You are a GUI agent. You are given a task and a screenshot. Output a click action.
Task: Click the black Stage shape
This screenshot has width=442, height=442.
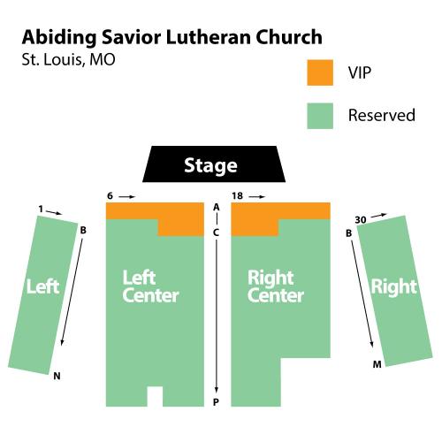click(214, 164)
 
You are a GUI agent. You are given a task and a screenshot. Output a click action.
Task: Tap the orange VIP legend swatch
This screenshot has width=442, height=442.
click(320, 72)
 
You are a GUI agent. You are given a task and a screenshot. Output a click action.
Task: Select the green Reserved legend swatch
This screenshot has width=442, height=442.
click(320, 116)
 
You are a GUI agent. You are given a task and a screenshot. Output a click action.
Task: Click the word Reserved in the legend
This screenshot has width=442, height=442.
click(382, 115)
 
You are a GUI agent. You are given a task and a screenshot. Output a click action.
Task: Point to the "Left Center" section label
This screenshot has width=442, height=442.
click(150, 286)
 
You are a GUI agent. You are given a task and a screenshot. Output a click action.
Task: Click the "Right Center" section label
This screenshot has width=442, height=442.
click(276, 286)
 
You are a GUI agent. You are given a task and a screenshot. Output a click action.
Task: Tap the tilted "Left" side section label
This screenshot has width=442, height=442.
click(43, 286)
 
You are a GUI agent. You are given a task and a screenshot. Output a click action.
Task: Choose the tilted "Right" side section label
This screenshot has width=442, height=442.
click(394, 286)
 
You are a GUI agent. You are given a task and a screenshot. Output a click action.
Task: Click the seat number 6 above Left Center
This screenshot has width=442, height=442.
click(110, 195)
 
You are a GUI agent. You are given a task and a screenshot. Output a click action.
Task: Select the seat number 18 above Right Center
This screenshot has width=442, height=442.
click(237, 195)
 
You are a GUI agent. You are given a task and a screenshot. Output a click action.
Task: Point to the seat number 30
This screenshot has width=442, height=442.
click(361, 220)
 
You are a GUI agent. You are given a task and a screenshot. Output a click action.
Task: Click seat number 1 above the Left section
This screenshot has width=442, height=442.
click(41, 209)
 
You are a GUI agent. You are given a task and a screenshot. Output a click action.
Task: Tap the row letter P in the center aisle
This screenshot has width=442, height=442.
click(216, 402)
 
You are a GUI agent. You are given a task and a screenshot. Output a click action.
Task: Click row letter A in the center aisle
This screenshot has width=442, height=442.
click(217, 207)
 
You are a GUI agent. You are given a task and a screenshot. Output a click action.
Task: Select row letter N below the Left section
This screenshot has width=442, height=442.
click(57, 376)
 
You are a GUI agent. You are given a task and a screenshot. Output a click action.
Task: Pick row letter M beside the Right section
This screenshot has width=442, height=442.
click(377, 364)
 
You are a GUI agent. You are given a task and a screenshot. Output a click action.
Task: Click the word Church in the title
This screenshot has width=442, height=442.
click(289, 37)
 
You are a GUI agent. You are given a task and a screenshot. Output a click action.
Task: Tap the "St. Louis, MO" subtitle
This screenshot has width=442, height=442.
click(68, 59)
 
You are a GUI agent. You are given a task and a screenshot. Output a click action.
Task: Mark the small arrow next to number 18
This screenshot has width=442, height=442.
click(257, 196)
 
